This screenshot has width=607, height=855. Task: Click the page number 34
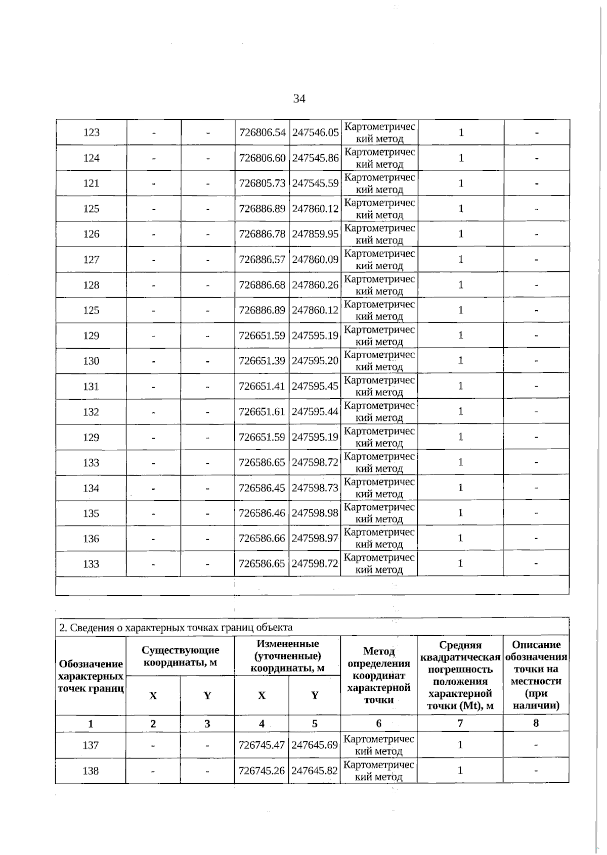(x=299, y=99)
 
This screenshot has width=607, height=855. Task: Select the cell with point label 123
(x=91, y=132)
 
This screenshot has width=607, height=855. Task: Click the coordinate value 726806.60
(x=262, y=158)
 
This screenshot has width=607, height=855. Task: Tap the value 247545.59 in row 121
(x=315, y=183)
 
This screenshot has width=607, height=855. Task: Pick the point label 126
(x=91, y=234)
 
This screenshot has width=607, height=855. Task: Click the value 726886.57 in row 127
(x=262, y=260)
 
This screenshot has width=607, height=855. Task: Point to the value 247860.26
(x=315, y=285)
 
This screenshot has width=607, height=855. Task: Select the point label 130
(x=91, y=361)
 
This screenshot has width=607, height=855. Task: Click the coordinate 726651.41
(x=262, y=387)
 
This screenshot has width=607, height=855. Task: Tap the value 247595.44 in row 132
(x=315, y=412)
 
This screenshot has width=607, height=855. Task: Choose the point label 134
(x=91, y=488)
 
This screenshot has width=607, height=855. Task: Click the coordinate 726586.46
(x=262, y=513)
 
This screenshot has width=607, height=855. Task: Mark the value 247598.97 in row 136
(x=315, y=539)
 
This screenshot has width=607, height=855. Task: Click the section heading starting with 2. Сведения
(x=176, y=628)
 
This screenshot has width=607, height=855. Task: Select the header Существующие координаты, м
(x=180, y=656)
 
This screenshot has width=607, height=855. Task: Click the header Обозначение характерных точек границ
(x=91, y=676)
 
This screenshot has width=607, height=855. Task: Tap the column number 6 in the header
(x=378, y=724)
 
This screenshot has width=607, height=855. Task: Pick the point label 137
(x=91, y=745)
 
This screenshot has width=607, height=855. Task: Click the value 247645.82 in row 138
(x=315, y=771)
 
